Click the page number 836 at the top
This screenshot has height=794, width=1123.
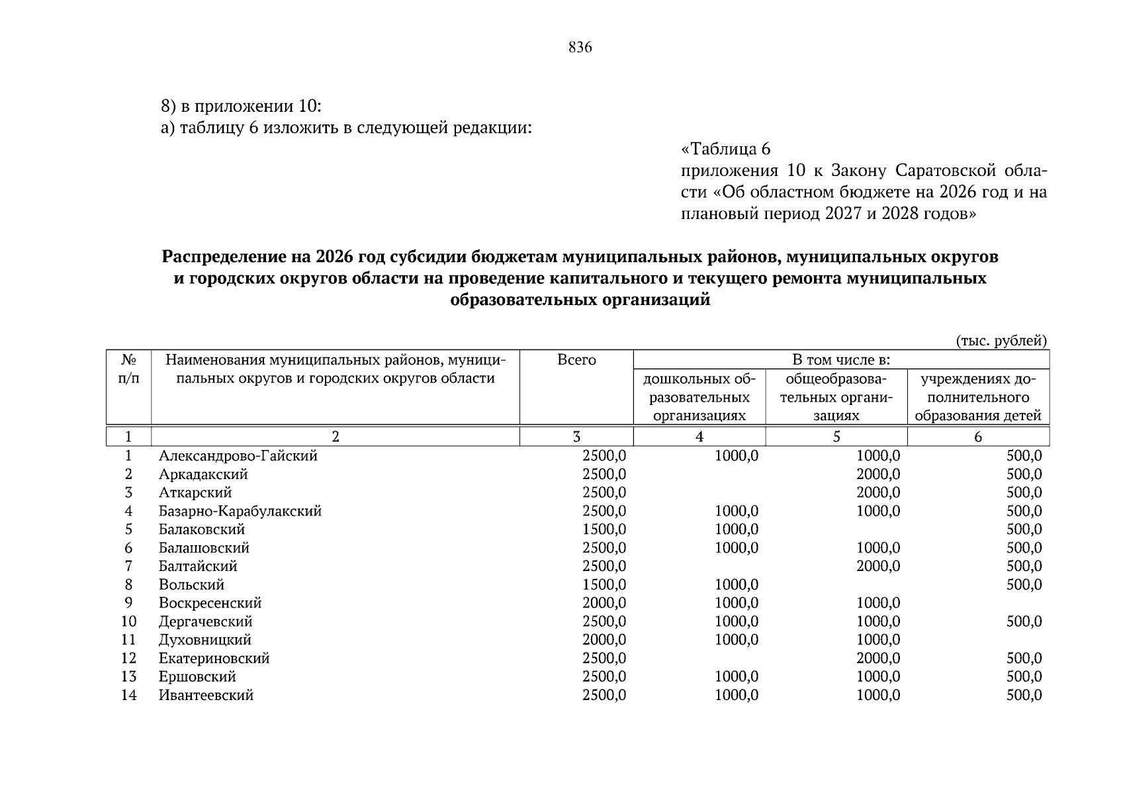[x=580, y=48]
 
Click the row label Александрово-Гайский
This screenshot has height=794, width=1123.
[x=238, y=456]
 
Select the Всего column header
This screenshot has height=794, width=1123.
[x=576, y=360]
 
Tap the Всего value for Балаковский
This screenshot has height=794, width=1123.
[x=604, y=529]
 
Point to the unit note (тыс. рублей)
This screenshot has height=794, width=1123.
[x=1001, y=341]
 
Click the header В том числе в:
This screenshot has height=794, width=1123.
[x=840, y=360]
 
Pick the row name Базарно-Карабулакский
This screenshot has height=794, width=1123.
[x=240, y=511]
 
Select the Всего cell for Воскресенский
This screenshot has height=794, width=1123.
[x=604, y=603]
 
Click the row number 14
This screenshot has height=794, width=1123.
[x=128, y=695]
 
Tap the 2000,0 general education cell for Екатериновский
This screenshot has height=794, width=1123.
[x=877, y=658]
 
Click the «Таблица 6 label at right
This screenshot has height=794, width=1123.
[x=725, y=149]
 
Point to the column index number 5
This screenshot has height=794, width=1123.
[x=836, y=437]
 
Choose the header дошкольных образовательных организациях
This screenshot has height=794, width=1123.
[x=699, y=397]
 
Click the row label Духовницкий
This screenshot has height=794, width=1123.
[x=204, y=640]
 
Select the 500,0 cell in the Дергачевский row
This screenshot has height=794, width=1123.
[x=1024, y=621]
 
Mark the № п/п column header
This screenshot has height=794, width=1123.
[x=128, y=369]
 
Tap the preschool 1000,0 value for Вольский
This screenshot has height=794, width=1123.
[x=737, y=585]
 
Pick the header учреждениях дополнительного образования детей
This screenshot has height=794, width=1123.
[x=977, y=397]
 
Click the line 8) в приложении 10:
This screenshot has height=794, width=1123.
[x=241, y=106]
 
